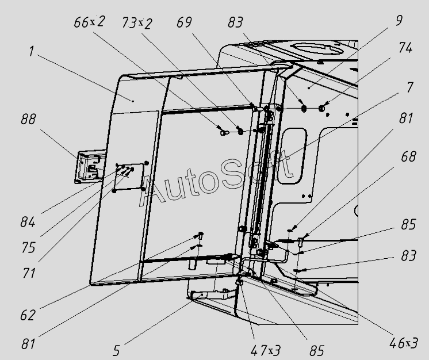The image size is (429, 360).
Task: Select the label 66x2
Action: point(89,23)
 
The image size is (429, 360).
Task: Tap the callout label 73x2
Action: point(137,23)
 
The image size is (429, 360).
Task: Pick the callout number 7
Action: point(410,87)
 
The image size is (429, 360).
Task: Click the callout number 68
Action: point(409,156)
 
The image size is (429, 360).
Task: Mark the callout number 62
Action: point(27,315)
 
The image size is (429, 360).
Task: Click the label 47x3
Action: point(265,349)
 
